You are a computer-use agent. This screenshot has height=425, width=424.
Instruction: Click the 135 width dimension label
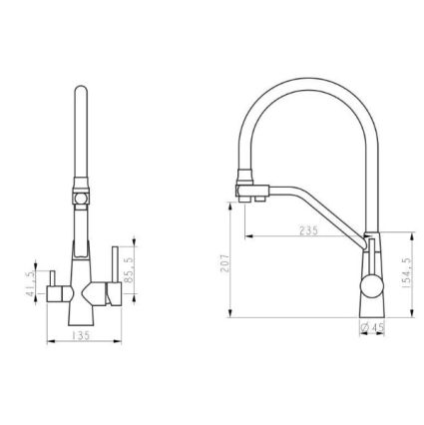(x=81, y=336)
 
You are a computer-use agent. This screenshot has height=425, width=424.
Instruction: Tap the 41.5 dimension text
(x=30, y=283)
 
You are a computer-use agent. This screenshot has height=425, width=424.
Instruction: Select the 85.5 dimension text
(x=130, y=270)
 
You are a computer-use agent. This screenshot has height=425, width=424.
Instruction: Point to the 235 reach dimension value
(x=309, y=230)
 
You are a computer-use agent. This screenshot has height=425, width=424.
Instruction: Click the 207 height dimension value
(x=225, y=263)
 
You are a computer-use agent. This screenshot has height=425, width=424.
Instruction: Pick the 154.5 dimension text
(x=406, y=273)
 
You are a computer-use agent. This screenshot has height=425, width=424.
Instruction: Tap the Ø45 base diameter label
(x=372, y=327)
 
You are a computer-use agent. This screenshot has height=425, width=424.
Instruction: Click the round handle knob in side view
(x=372, y=285)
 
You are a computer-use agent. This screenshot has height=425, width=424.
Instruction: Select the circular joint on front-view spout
(x=81, y=199)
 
